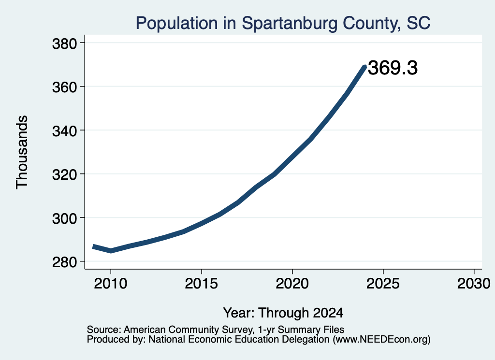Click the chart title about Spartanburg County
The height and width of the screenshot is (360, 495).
(283, 23)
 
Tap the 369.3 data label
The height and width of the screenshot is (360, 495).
(393, 68)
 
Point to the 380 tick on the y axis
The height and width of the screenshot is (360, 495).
(64, 43)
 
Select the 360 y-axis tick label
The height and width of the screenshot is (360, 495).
(64, 87)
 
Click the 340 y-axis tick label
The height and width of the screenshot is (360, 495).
(64, 131)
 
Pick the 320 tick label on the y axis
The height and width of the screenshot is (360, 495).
(64, 174)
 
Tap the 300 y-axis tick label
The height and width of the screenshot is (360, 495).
(64, 218)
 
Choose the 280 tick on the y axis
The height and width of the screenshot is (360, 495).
(64, 262)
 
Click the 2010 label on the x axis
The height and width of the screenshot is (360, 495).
(111, 283)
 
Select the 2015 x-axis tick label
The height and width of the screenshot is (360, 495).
(202, 283)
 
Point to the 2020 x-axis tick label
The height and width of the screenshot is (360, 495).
(292, 283)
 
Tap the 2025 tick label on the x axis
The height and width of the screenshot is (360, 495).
(383, 283)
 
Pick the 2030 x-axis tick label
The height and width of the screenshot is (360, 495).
(474, 283)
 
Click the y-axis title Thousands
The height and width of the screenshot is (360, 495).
(22, 152)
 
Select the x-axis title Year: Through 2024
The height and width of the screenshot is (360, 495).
(283, 313)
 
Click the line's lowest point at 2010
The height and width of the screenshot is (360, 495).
(111, 251)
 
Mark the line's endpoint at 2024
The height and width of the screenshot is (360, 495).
(365, 66)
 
